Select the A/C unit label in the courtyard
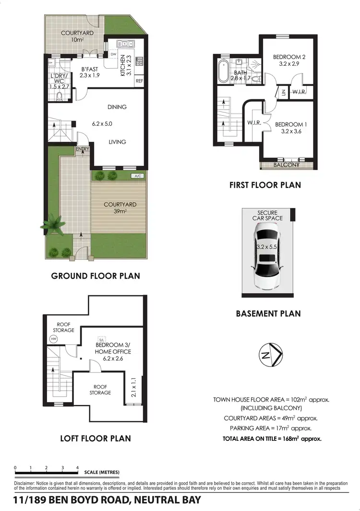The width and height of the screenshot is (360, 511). coord(138,176)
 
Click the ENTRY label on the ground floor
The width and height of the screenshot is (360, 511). coord(83,149)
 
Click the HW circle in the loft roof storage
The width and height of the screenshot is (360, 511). coord(53,339)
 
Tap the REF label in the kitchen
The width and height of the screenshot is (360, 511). coord(139,81)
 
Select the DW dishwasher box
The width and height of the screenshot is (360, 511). coord(114,55)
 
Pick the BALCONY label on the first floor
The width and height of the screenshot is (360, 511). coord(287,165)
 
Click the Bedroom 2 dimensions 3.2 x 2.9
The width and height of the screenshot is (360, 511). coord(289,63)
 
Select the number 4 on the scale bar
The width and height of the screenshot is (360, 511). coord(77,467)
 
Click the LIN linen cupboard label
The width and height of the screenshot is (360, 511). coord(283,92)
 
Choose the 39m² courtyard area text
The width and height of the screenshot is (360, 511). coord(120,211)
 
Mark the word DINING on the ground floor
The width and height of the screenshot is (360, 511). coord(117,107)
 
